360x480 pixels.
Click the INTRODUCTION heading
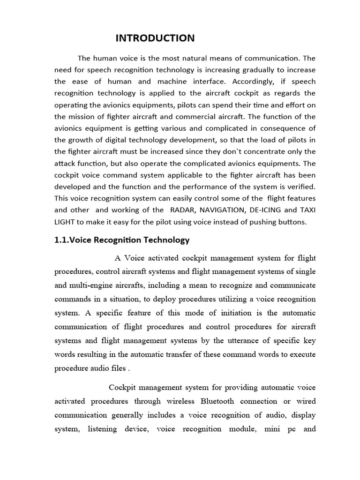(155, 38)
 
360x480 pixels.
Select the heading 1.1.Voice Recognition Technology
(122, 240)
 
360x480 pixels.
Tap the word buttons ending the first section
(293, 222)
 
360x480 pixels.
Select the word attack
(65, 163)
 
